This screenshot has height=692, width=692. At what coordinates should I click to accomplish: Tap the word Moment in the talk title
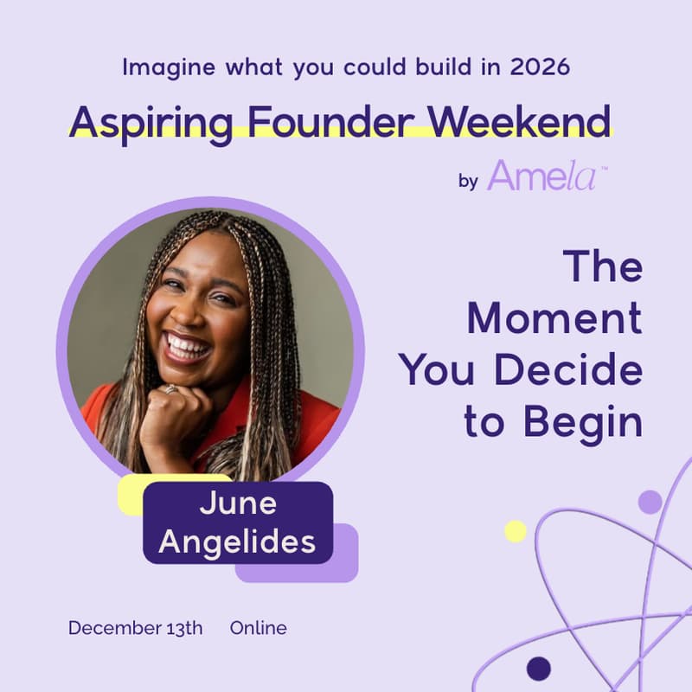click(554, 319)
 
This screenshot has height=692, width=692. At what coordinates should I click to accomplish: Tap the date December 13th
click(135, 628)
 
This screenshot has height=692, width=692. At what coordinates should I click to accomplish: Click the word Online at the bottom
click(258, 628)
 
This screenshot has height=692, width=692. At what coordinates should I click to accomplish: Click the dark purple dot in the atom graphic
click(538, 668)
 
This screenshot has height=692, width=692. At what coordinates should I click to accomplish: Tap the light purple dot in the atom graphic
click(650, 502)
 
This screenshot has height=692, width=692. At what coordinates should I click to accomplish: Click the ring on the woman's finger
click(172, 390)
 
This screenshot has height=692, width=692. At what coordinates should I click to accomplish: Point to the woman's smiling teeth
click(189, 347)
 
